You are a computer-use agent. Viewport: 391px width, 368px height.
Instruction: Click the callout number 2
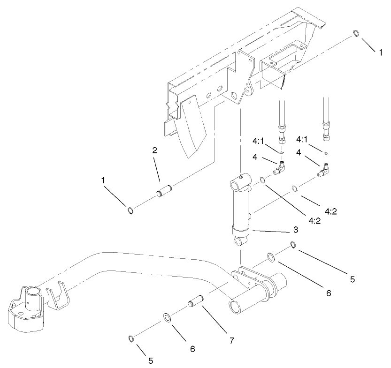coord(154,151)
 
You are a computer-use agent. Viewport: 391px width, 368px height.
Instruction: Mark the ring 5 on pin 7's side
coord(132,338)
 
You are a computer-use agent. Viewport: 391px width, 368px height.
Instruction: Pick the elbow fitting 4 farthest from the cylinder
coord(326,172)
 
